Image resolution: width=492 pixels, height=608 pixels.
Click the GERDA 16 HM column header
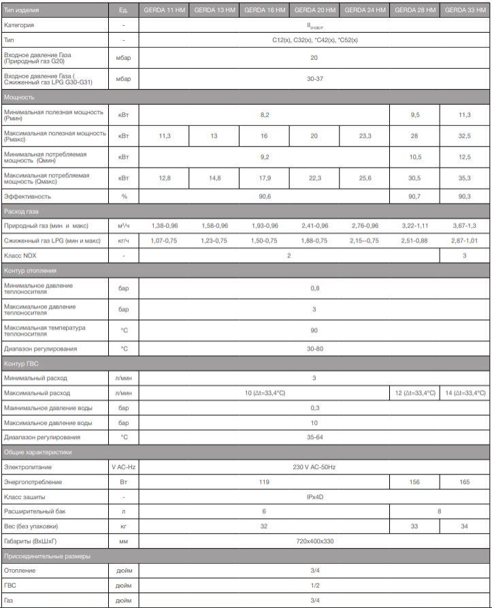coord(264,10)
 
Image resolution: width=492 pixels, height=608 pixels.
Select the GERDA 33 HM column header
coord(465,10)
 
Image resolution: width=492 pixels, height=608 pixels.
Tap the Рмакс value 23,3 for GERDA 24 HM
coord(365,136)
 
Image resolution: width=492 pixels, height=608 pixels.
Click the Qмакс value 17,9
coord(264,178)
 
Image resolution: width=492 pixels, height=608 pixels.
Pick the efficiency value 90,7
coord(414,197)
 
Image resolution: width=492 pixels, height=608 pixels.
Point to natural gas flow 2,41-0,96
coord(314,225)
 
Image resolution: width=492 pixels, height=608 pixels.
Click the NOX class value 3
coord(465,255)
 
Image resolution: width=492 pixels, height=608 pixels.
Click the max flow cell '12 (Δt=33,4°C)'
coord(414,393)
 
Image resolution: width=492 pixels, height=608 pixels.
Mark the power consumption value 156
coord(414,482)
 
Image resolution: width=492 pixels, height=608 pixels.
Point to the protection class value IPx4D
coord(314,497)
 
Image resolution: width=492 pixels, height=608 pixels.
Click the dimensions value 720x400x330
coord(314,541)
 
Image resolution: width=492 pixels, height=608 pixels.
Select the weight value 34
coord(465,526)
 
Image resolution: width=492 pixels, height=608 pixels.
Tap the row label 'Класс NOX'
coord(20,255)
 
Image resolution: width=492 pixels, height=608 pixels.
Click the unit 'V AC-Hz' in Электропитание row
coord(123,467)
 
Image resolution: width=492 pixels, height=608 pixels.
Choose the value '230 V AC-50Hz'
coord(314,467)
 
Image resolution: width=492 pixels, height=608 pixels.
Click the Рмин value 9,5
coord(414,115)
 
